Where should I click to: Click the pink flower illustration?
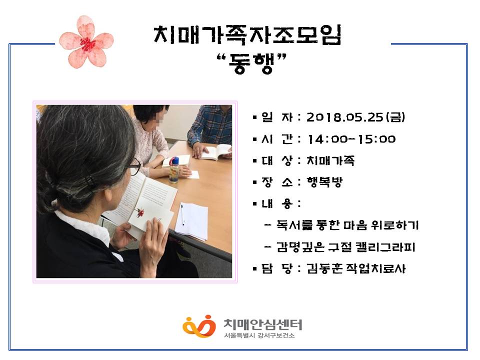[86, 42]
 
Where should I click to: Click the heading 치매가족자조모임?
[247, 35]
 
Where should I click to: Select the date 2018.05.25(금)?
[355, 117]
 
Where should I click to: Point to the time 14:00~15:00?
[351, 139]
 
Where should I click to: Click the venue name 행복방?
[324, 182]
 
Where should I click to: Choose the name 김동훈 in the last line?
[324, 268]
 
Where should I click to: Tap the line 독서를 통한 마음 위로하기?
[347, 225]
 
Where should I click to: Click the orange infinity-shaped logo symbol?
[199, 326]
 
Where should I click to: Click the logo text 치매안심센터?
[263, 324]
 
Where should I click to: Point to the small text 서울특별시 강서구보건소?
[259, 336]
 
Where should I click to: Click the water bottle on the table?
[174, 170]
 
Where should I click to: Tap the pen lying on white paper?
[182, 215]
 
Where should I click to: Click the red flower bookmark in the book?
[140, 212]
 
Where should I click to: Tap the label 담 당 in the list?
[276, 268]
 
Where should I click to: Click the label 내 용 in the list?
[276, 203]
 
